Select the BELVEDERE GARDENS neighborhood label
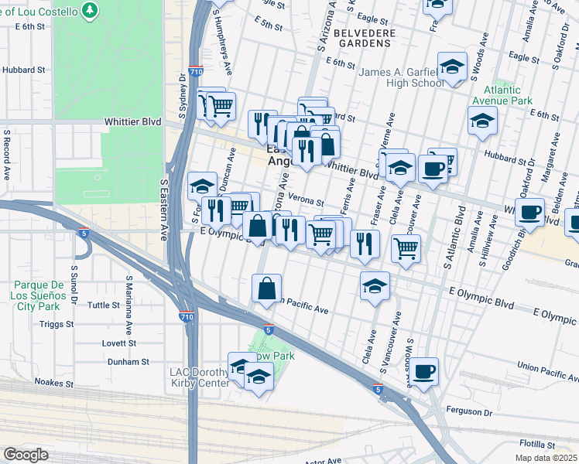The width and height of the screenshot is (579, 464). (x=365, y=39)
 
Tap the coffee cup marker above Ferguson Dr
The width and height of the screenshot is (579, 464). (x=423, y=371)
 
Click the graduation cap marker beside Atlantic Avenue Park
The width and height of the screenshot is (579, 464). (x=482, y=121)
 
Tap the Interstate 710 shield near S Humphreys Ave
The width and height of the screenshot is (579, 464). (x=198, y=70)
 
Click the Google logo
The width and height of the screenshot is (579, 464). (x=26, y=455)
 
